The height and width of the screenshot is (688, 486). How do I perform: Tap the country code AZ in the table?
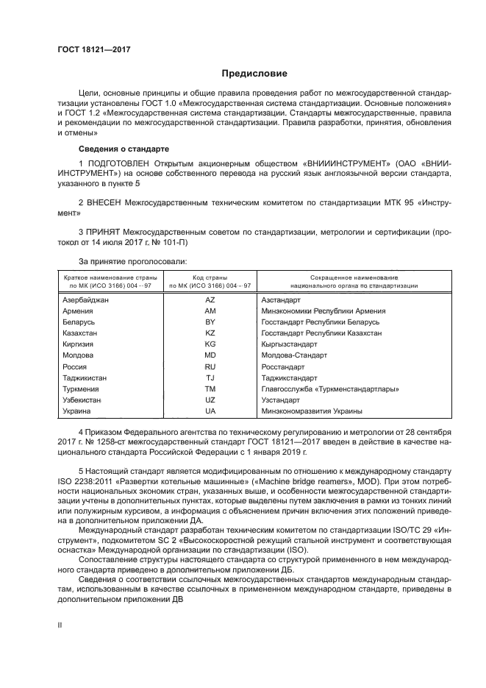pyautogui.click(x=210, y=300)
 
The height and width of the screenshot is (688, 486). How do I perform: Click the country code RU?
pyautogui.click(x=210, y=366)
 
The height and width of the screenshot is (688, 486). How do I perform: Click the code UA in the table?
pyautogui.click(x=210, y=411)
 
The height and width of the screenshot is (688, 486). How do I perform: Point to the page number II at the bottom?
pyautogui.click(x=61, y=625)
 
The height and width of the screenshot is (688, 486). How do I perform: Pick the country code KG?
pyautogui.click(x=210, y=344)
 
